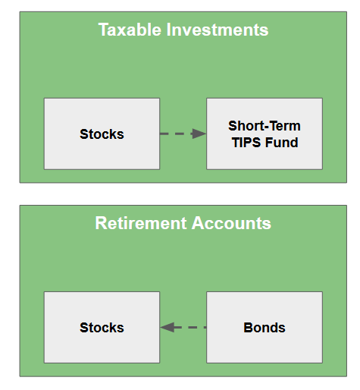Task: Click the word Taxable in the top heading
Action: [130, 30]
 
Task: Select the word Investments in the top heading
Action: [218, 30]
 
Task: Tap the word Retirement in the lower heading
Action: [141, 223]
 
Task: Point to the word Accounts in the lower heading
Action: [231, 223]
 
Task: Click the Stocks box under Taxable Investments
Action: [102, 134]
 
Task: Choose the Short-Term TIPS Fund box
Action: [265, 134]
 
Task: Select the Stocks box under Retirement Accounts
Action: [102, 327]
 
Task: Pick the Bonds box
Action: [265, 327]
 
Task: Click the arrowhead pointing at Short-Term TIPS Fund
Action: [199, 134]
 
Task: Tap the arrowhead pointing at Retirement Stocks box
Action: [167, 327]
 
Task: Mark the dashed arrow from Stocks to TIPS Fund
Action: [183, 134]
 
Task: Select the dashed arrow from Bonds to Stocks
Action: [183, 327]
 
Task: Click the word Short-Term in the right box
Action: [265, 126]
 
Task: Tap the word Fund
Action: [282, 143]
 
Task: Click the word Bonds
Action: [265, 328]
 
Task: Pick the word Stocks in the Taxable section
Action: [102, 134]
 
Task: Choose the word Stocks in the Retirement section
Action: [102, 328]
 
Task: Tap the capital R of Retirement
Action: [101, 223]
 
